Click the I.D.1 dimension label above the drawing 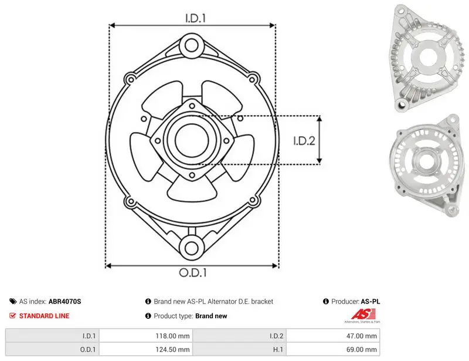point(195,18)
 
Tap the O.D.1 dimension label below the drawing point(193,272)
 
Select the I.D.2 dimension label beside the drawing point(304,140)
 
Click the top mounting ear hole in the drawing point(191,46)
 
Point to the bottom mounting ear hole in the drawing point(191,248)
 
